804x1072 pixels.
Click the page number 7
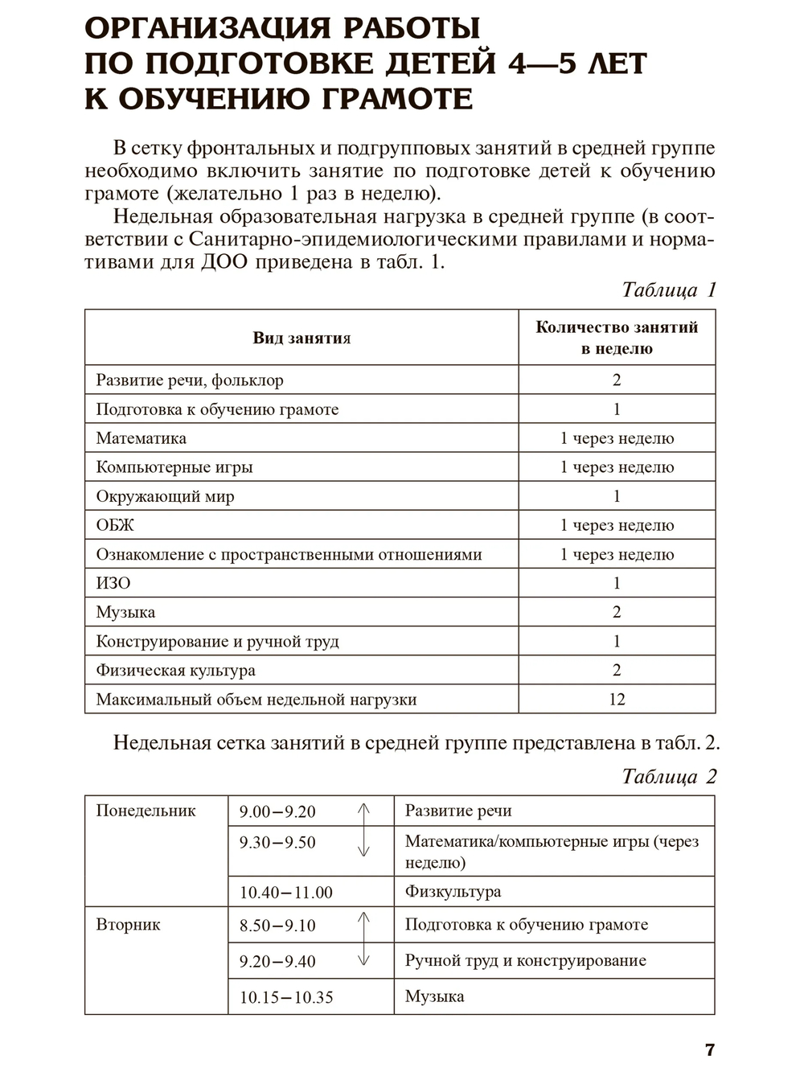(709, 1049)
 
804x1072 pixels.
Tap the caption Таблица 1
(668, 290)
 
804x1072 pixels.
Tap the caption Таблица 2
(668, 776)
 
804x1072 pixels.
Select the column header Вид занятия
(301, 338)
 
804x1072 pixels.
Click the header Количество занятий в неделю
(617, 338)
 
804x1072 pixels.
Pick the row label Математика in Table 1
(142, 438)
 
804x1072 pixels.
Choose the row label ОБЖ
(115, 525)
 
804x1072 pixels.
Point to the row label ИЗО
(113, 583)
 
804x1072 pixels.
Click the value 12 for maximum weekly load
(617, 699)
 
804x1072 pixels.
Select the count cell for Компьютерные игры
(617, 467)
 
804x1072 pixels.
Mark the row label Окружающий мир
(165, 496)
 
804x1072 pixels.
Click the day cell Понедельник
(146, 811)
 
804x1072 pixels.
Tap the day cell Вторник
(128, 925)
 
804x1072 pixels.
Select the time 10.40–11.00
(285, 892)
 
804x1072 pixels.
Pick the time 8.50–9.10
(277, 926)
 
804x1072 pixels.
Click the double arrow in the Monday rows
(363, 829)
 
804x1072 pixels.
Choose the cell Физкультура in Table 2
(453, 891)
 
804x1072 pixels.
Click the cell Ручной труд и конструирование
(525, 960)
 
